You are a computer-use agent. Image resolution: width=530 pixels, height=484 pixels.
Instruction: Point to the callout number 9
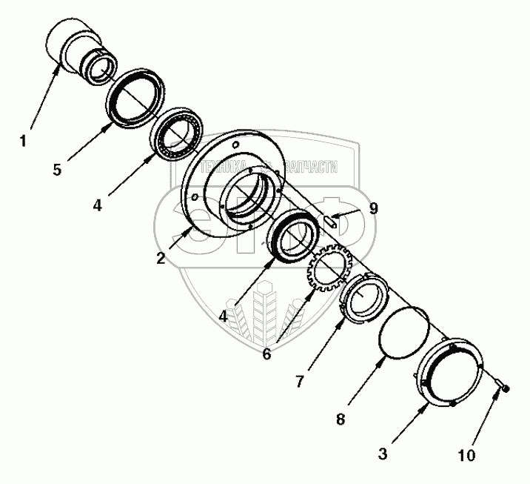[373, 208]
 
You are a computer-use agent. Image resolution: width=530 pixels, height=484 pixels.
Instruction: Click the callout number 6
[266, 354]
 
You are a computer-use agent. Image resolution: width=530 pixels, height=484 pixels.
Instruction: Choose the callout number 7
[301, 382]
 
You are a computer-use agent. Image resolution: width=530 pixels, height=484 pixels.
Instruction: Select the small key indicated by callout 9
[331, 219]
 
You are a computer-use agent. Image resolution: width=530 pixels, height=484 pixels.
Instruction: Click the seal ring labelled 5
[134, 96]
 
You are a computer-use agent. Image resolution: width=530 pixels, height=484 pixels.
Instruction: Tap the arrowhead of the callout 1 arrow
[61, 65]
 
